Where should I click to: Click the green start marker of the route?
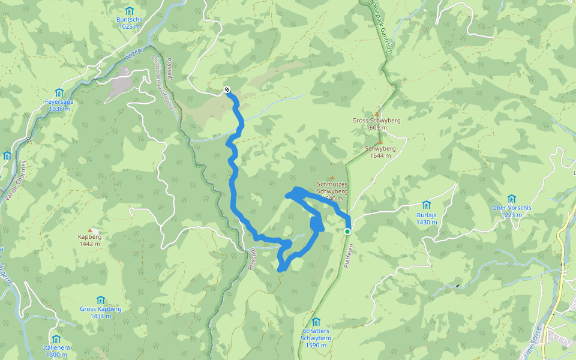347,231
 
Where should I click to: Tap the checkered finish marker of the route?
227,90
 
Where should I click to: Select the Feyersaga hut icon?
59,92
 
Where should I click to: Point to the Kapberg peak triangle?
90,230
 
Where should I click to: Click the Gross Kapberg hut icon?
101,300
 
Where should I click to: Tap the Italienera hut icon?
56,339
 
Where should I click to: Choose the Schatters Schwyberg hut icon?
316,322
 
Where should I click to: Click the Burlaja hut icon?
426,205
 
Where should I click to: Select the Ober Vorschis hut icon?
512,199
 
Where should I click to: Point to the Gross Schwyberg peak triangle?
377,113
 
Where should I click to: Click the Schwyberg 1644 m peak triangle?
380,142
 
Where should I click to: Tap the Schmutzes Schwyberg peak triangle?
332,178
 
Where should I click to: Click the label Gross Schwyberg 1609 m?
376,124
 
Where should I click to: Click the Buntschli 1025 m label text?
129,23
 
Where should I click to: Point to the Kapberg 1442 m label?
90,240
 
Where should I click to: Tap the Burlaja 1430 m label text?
426,218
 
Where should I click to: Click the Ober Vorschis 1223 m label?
512,211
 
